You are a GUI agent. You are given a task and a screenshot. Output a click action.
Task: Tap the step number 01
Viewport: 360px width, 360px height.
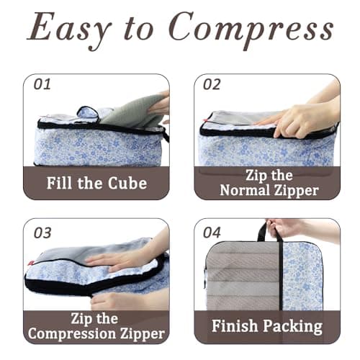click(x=42, y=84)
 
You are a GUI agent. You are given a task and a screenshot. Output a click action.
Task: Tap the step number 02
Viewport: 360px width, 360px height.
click(x=212, y=84)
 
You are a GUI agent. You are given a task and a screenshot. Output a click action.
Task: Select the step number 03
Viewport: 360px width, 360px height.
click(x=42, y=232)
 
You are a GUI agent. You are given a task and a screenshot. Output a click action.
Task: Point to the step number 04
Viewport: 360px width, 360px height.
click(x=212, y=232)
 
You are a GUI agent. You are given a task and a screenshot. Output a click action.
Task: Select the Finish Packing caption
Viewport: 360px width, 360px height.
click(x=267, y=326)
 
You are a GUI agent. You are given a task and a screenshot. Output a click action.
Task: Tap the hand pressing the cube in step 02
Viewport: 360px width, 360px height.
click(x=299, y=119)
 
